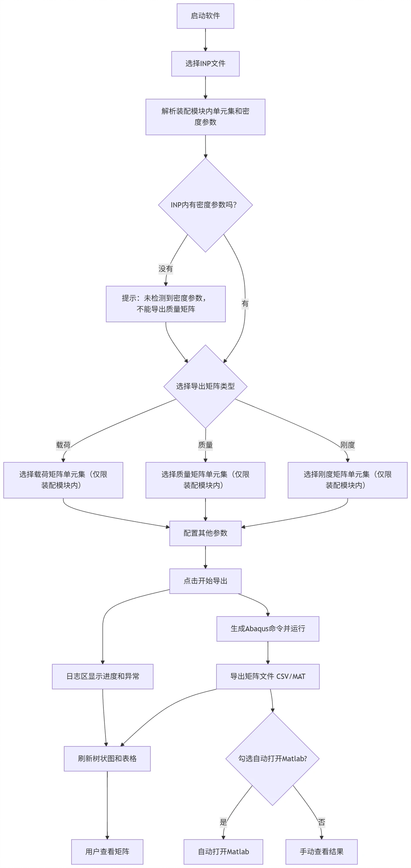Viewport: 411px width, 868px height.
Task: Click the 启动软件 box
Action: click(x=205, y=16)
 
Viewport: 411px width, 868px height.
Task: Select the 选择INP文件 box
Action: click(x=205, y=63)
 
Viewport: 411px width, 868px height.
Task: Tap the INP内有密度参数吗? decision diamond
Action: click(x=205, y=205)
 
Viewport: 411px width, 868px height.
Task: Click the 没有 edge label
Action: click(x=166, y=269)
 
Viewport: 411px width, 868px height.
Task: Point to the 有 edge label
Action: click(x=245, y=304)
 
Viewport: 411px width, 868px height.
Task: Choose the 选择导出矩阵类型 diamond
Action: click(x=205, y=386)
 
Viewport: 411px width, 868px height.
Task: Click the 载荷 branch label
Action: click(x=63, y=445)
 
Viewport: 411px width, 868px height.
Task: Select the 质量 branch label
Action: click(x=205, y=445)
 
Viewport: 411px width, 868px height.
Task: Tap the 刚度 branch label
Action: click(x=347, y=445)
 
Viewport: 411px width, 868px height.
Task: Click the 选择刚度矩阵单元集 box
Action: click(x=347, y=480)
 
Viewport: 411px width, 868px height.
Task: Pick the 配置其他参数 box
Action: click(x=205, y=533)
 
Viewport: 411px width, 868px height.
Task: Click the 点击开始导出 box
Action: click(x=205, y=581)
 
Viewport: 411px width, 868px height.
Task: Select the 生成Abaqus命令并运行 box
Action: click(x=268, y=629)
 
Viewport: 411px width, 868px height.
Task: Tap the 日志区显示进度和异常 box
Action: click(x=102, y=676)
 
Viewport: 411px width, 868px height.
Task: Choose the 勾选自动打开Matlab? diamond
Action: click(x=272, y=759)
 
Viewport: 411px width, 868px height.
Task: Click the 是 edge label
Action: click(x=223, y=822)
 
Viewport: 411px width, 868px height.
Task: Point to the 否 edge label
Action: click(x=321, y=822)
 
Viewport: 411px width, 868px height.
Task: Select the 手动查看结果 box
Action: click(x=321, y=851)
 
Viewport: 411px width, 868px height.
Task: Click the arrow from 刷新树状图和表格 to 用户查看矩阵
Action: click(x=107, y=804)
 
